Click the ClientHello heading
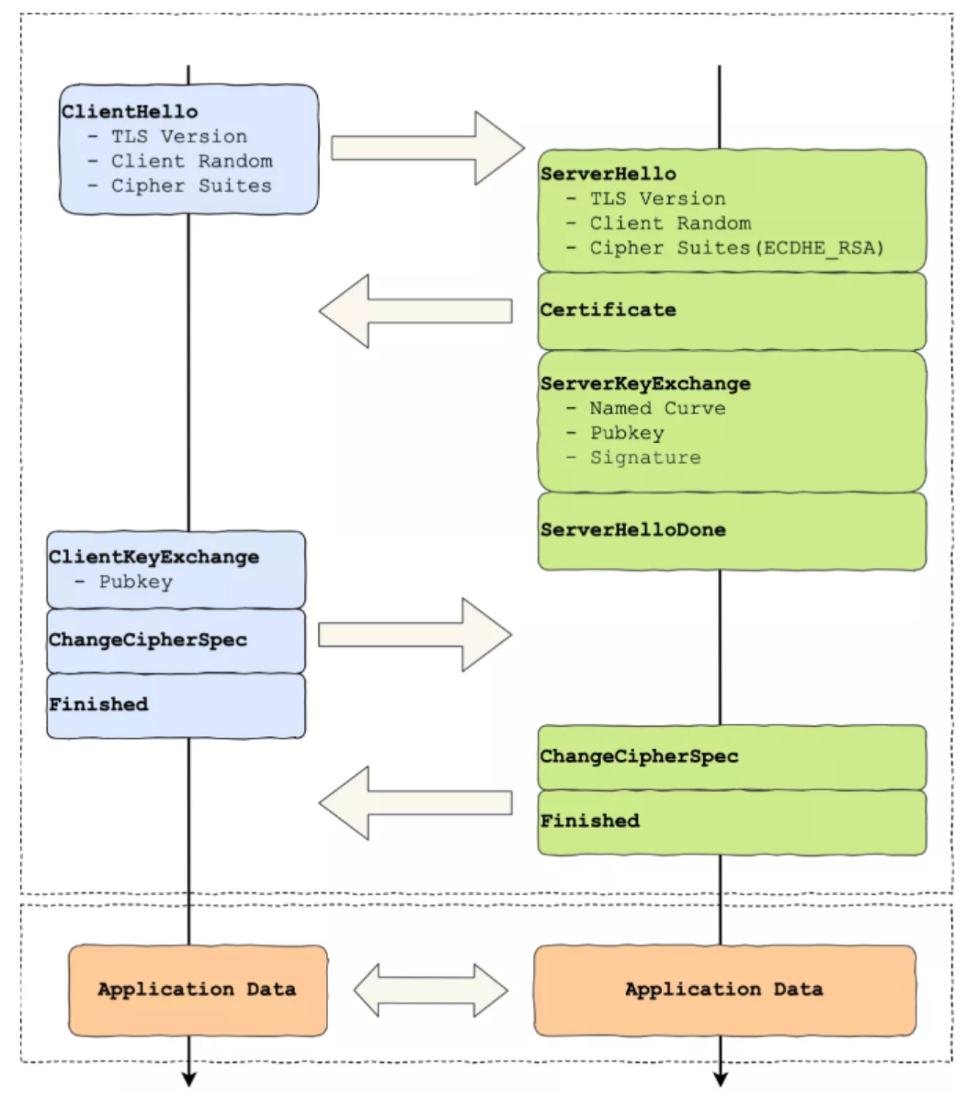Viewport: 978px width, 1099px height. coord(130,112)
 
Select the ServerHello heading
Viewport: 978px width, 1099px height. coord(608,174)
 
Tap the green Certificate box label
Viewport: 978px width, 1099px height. coord(608,310)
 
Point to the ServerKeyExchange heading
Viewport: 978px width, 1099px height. coord(645,384)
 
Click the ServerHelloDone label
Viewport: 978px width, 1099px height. coord(633,530)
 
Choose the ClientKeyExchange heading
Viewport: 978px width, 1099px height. coord(154,557)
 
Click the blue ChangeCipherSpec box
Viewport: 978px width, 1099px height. coord(176,641)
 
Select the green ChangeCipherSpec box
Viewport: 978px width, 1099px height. coord(732,758)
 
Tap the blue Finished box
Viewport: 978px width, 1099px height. coord(176,706)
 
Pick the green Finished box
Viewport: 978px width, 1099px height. coord(732,822)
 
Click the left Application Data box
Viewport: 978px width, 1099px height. coord(199,991)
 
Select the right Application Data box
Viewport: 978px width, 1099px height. coord(725,991)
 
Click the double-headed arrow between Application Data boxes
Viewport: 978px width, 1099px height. coord(431,991)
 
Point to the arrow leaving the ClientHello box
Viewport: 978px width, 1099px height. coord(427,148)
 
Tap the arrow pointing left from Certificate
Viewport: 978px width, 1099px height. coord(415,312)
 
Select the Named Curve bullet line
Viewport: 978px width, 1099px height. coord(645,409)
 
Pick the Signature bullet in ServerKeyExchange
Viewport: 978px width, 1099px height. coord(633,458)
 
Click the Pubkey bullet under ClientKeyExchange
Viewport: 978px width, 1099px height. coord(123,583)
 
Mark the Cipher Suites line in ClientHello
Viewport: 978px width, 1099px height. coord(179,186)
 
